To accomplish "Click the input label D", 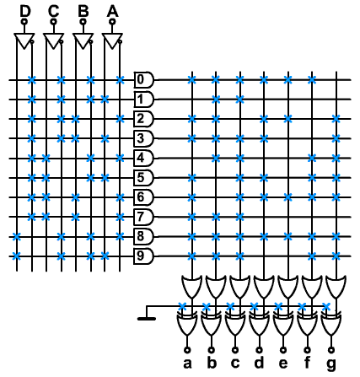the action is pyautogui.click(x=25, y=12).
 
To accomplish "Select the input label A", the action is pyautogui.click(x=112, y=12).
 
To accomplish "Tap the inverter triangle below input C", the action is pyautogui.click(x=53, y=41).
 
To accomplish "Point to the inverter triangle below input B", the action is pyautogui.click(x=83, y=41).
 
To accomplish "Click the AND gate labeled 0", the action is pyautogui.click(x=143, y=80).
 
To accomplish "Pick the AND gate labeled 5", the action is pyautogui.click(x=143, y=178).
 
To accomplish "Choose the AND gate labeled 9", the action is pyautogui.click(x=143, y=256).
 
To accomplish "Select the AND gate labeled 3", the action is pyautogui.click(x=143, y=138).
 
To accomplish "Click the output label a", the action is pyautogui.click(x=187, y=364).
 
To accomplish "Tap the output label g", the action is pyautogui.click(x=331, y=364).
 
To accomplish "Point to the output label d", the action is pyautogui.click(x=259, y=362).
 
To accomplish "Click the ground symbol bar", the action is pyautogui.click(x=147, y=319).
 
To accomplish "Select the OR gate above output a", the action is pyautogui.click(x=192, y=286).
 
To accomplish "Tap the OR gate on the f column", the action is pyautogui.click(x=312, y=286).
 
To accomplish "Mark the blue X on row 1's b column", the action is pyautogui.click(x=216, y=100).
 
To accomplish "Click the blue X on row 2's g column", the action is pyautogui.click(x=336, y=119).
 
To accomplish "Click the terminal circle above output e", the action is pyautogui.click(x=283, y=350).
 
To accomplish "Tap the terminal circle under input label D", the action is pyautogui.click(x=25, y=21).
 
